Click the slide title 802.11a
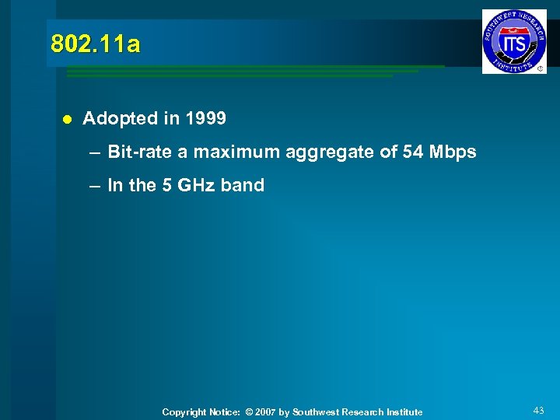(96, 44)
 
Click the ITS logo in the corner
(514, 41)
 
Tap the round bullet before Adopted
(67, 119)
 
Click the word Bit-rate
(140, 152)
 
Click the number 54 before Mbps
(413, 152)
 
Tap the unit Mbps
(453, 152)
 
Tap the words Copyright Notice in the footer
(201, 412)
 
